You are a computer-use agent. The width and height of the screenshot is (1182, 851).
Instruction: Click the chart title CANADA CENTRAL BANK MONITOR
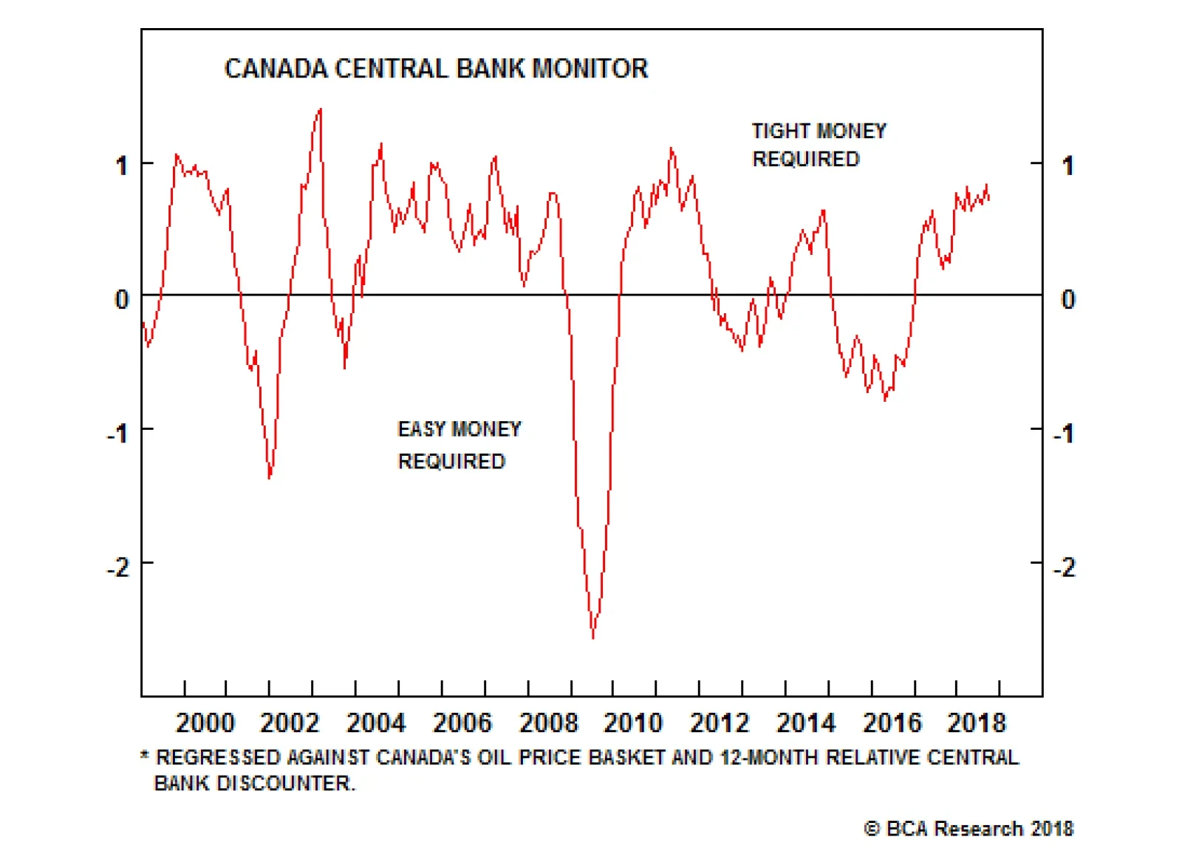pyautogui.click(x=436, y=69)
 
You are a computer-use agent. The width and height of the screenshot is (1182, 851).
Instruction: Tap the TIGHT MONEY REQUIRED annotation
pyautogui.click(x=818, y=145)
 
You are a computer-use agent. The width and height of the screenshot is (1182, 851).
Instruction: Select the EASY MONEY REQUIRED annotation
pyautogui.click(x=459, y=445)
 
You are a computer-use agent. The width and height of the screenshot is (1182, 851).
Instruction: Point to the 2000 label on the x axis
pyautogui.click(x=205, y=722)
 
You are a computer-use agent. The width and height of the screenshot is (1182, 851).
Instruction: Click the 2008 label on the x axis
pyautogui.click(x=548, y=722)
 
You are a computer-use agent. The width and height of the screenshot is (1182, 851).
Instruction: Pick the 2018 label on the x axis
pyautogui.click(x=977, y=722)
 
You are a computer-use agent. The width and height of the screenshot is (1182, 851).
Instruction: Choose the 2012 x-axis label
pyautogui.click(x=720, y=722)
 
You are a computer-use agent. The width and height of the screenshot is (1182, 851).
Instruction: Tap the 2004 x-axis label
pyautogui.click(x=376, y=722)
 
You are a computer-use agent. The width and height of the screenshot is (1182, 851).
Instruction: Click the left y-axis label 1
pyautogui.click(x=122, y=165)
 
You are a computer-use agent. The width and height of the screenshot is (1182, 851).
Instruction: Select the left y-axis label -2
pyautogui.click(x=118, y=567)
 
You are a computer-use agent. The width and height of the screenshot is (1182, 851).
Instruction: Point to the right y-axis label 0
pyautogui.click(x=1067, y=299)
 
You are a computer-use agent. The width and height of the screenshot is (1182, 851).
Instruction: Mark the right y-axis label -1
pyautogui.click(x=1064, y=434)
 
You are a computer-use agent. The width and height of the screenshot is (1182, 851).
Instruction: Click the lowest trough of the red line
pyautogui.click(x=592, y=637)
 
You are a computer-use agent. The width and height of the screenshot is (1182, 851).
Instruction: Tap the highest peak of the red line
pyautogui.click(x=320, y=109)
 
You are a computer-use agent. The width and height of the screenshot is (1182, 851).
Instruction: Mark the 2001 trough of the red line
pyautogui.click(x=270, y=477)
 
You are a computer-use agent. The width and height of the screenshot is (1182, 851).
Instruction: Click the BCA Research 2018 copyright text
pyautogui.click(x=969, y=829)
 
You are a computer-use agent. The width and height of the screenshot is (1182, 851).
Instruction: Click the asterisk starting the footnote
pyautogui.click(x=145, y=756)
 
